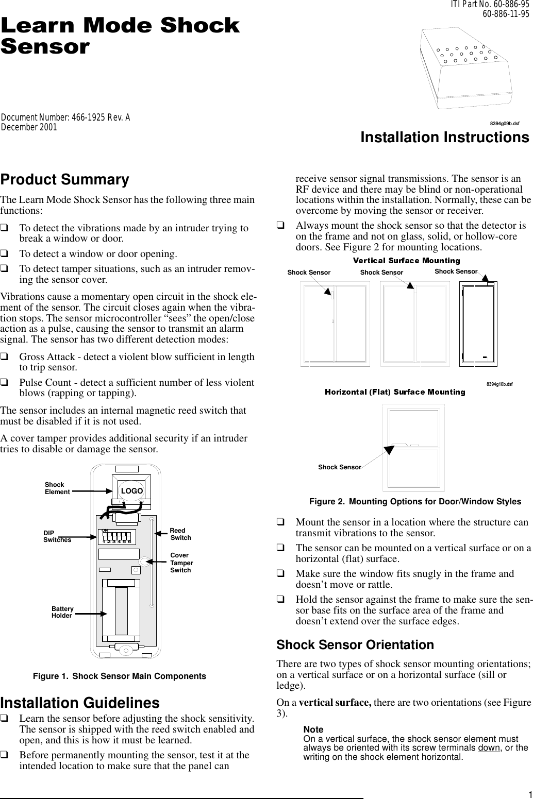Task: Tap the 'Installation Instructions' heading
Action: point(444,138)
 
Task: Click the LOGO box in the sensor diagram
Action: point(131,491)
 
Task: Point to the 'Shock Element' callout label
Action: point(57,488)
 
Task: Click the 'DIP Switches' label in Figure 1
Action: point(57,536)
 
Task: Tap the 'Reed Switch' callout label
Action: point(180,534)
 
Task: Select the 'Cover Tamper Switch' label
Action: point(181,563)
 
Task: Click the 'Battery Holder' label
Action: point(62,612)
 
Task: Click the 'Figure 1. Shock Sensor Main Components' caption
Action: point(119,676)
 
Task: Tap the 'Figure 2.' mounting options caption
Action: point(414,501)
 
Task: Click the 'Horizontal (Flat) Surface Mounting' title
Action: point(394,392)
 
